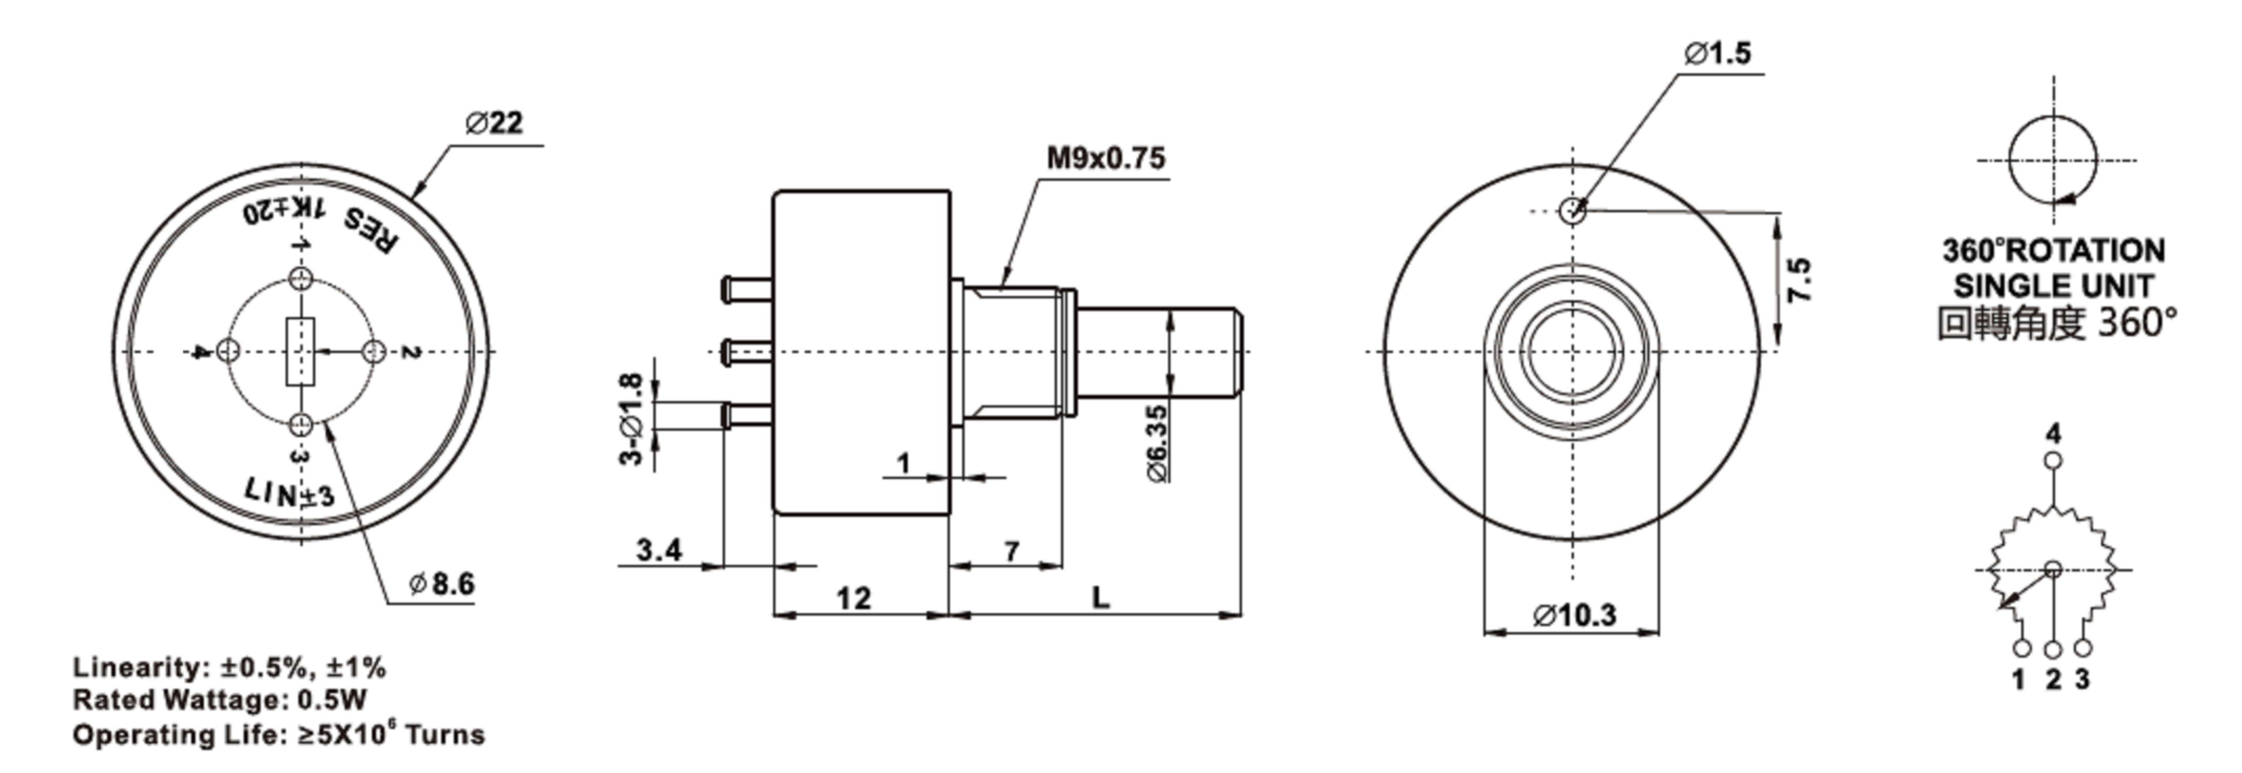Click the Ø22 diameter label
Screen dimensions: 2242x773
pos(494,123)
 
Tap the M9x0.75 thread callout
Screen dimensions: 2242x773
pos(1105,159)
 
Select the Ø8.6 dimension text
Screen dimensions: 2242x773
pos(442,583)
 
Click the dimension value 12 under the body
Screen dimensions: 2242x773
pos(853,598)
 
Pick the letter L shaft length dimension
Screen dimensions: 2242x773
pos(1101,597)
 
